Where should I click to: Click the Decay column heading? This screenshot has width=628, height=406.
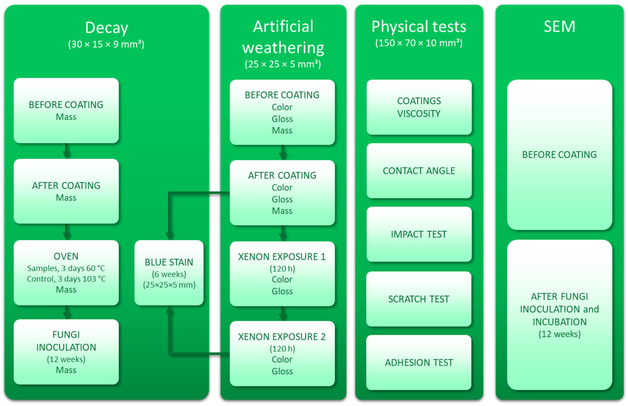click(106, 28)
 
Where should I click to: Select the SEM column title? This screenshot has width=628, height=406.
click(559, 27)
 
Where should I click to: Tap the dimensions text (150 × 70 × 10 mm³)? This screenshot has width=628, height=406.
click(419, 43)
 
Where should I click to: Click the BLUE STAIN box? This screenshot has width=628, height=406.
click(169, 273)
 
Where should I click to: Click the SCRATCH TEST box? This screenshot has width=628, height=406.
click(419, 299)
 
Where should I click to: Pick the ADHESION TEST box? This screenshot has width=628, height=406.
click(419, 362)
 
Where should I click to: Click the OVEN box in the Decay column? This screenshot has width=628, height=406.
click(66, 273)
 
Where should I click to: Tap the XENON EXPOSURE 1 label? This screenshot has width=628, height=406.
click(282, 257)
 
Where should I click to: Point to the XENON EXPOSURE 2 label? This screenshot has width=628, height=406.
click(282, 337)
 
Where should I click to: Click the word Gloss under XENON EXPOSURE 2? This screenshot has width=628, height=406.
click(282, 371)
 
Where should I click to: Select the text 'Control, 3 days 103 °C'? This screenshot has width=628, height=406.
click(66, 279)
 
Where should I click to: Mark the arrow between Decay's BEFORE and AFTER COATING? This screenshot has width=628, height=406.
click(66, 151)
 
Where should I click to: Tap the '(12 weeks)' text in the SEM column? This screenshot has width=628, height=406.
click(559, 334)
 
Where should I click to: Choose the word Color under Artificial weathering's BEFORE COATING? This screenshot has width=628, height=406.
click(282, 107)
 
